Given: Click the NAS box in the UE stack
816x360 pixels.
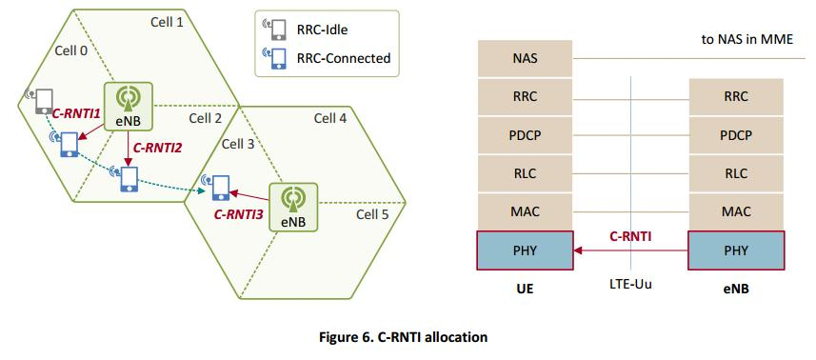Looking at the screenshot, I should coord(524,57).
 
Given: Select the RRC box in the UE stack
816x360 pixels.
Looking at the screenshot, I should coord(524,96).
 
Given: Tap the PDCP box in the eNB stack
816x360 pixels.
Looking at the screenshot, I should coord(736,135).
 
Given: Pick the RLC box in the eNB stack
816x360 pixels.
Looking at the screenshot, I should coord(736,174).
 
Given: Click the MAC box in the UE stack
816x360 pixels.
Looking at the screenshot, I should coord(524,212).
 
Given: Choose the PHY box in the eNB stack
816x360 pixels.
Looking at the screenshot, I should coord(736,251).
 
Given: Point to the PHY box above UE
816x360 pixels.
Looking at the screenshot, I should coord(524,251).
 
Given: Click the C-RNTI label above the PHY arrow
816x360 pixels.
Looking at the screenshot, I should coord(629,236).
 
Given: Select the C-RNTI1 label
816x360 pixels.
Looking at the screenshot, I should coord(76,112).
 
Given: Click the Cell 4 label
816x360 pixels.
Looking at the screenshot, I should coord(330,119).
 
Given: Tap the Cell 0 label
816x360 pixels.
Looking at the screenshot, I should coord(70,50).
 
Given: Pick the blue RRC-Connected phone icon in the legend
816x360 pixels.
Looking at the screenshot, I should coord(277,58).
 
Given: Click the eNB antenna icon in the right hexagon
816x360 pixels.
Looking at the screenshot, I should coord(292,199).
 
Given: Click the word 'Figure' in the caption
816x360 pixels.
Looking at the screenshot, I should coord(342,337).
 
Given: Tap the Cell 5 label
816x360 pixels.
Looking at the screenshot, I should coord(372,214).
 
